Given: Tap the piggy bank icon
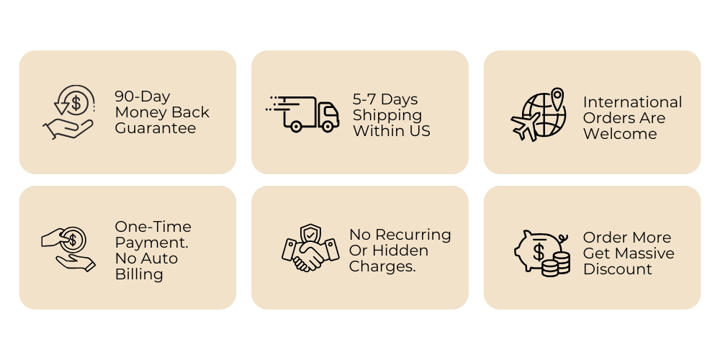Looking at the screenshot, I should (x=536, y=248).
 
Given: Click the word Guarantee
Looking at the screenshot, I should (x=155, y=128).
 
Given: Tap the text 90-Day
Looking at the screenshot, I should (x=142, y=96).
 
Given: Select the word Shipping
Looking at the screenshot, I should (x=387, y=115).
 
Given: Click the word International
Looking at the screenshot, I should (x=632, y=102).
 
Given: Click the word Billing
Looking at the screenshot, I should (x=139, y=274).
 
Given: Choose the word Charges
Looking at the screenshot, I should (x=382, y=266).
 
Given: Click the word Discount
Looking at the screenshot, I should (x=618, y=269).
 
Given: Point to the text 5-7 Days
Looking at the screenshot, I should (x=385, y=99).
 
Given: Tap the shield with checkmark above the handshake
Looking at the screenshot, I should (x=310, y=233).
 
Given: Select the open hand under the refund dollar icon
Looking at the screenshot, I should (x=71, y=129).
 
